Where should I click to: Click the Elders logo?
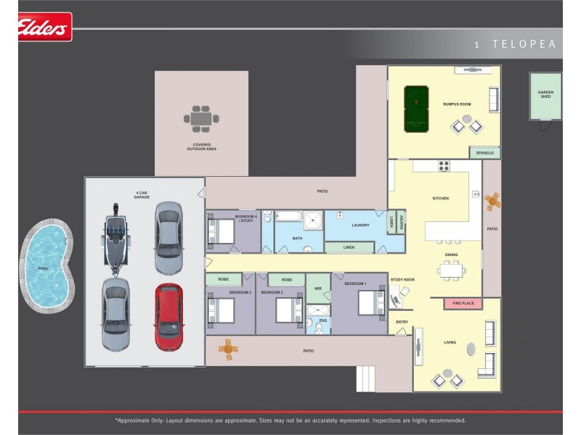[44, 27]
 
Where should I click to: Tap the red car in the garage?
[169, 317]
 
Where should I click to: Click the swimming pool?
[46, 265]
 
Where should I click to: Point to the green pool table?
[416, 109]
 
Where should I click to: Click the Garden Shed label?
[545, 94]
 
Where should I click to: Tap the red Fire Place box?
[463, 303]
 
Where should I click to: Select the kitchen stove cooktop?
[444, 166]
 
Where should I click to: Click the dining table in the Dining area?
[452, 270]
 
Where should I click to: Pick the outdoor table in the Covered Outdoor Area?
[201, 119]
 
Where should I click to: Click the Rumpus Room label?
[457, 104]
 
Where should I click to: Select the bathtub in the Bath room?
[289, 216]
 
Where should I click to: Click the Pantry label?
[402, 222]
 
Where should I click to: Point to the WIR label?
[318, 289]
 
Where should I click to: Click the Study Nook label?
[402, 280]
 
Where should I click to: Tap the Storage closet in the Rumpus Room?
[484, 152]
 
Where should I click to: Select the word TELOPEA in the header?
[524, 44]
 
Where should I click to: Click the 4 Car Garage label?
[142, 195]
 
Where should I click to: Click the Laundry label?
[360, 225]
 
